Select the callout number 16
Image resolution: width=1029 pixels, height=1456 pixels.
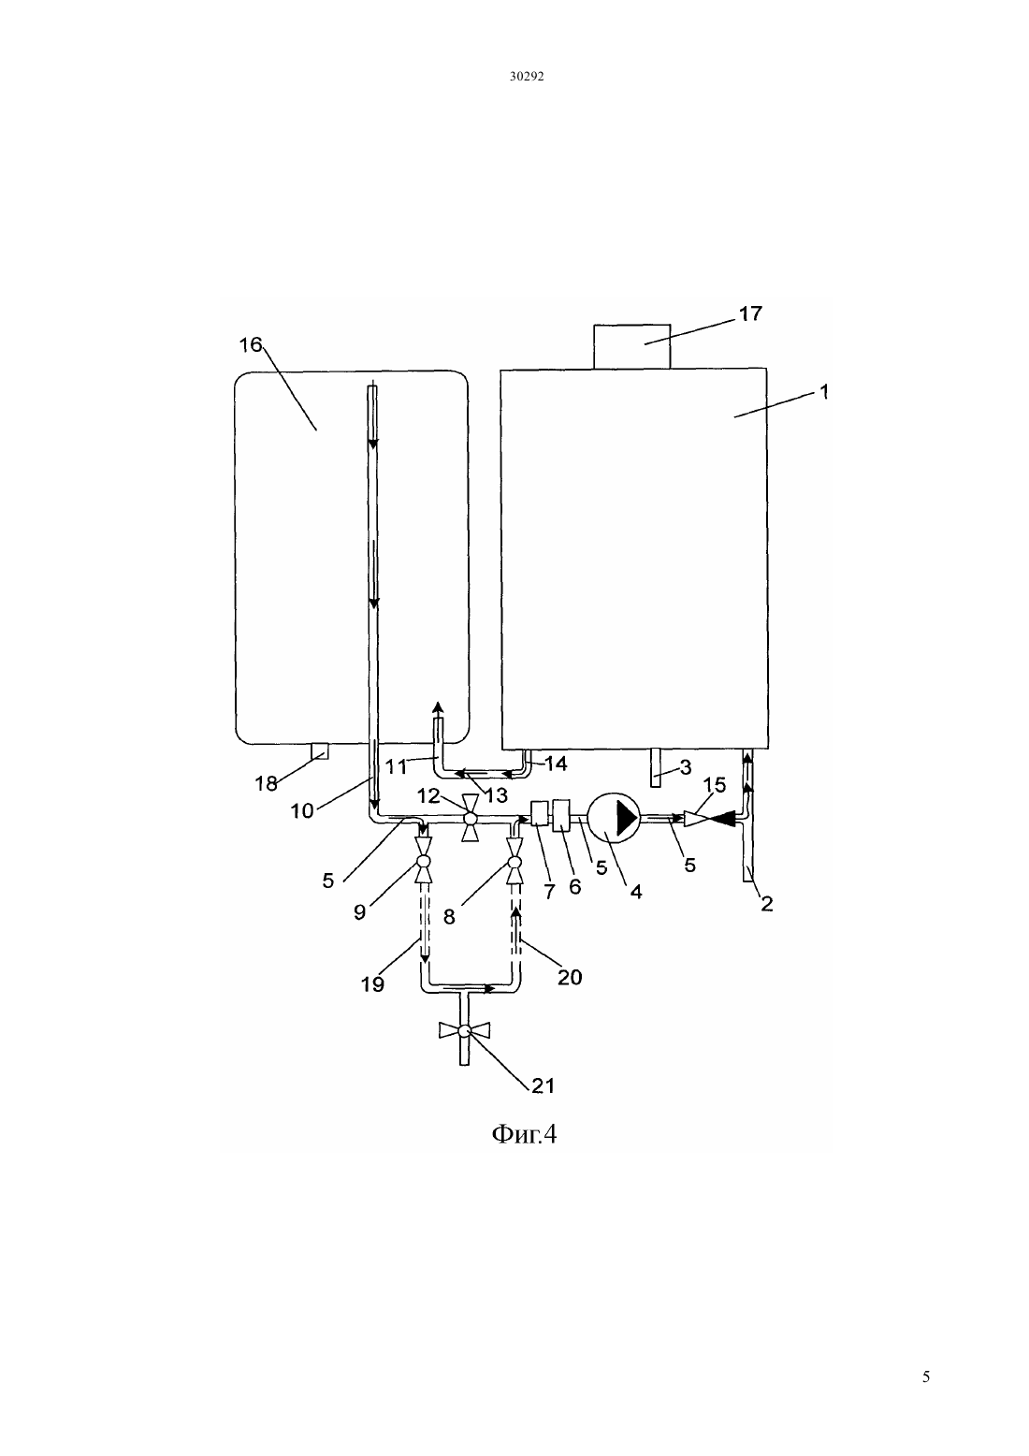[251, 344]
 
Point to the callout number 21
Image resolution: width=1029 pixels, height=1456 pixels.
[543, 1085]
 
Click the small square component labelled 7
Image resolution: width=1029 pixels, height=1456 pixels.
[540, 813]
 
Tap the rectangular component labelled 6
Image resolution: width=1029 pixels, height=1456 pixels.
[560, 815]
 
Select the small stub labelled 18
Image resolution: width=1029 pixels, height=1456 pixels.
[320, 750]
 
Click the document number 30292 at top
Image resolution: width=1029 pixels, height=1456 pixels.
[526, 76]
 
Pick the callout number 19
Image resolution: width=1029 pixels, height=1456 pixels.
[372, 984]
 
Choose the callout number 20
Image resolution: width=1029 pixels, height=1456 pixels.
[570, 977]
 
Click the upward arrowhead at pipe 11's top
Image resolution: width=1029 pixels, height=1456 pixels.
[438, 707]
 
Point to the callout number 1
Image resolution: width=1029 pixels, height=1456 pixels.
[824, 392]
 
